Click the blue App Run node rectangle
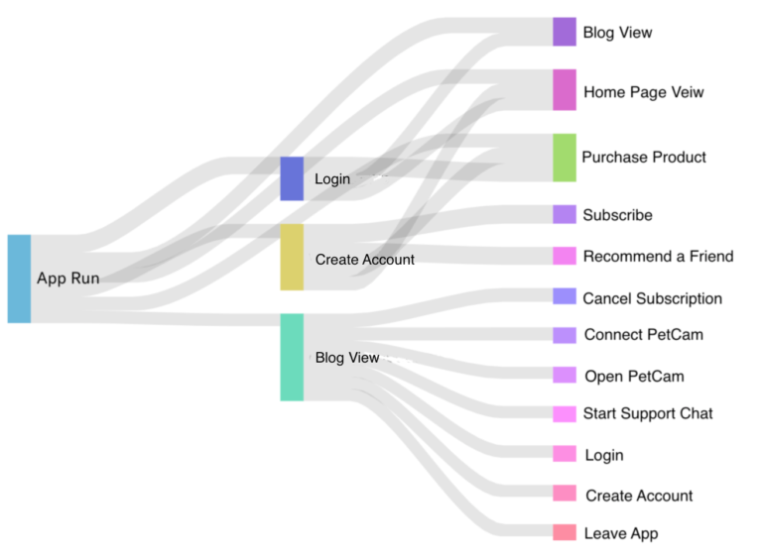[19, 279]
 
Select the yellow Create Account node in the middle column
[292, 257]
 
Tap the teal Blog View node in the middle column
[292, 357]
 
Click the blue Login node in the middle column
[292, 178]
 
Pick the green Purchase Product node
[564, 158]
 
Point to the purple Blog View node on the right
[564, 32]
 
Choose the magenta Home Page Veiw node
[564, 89]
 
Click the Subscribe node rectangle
[564, 214]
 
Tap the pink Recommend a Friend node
[564, 256]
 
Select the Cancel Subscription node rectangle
[564, 296]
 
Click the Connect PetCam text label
[643, 335]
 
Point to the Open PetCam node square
[564, 375]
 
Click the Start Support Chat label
[647, 413]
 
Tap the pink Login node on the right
[564, 454]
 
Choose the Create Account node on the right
[564, 493]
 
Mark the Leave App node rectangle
[564, 532]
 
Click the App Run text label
[67, 279]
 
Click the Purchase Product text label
[643, 158]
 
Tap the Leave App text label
[620, 533]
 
